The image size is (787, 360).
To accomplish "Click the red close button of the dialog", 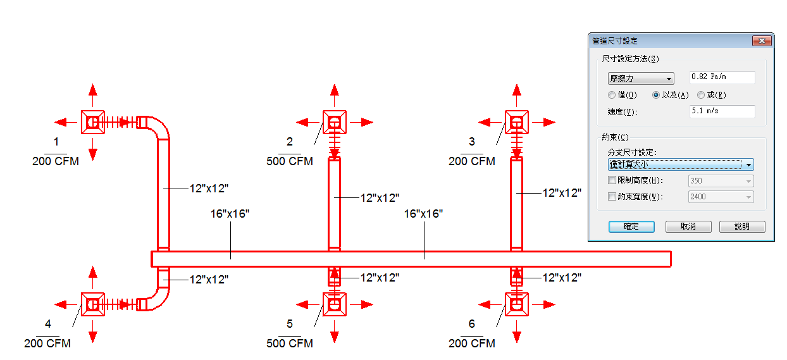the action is (x=762, y=41).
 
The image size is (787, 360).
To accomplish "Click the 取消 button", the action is (x=688, y=227).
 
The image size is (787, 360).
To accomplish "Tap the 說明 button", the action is (x=742, y=227).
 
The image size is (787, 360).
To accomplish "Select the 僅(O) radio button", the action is (x=612, y=95).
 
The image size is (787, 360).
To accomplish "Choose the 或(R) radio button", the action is (x=701, y=95).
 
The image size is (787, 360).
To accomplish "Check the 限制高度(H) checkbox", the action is (x=612, y=180).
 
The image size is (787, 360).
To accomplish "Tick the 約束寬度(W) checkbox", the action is (x=612, y=196).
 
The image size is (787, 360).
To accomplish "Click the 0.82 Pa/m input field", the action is (x=722, y=77).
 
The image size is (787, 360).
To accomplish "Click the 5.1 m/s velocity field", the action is (x=722, y=111).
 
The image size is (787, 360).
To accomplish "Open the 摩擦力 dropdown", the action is (x=641, y=78).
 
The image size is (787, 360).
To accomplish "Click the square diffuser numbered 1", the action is (x=93, y=122).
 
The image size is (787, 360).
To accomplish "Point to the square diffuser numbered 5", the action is (x=335, y=304).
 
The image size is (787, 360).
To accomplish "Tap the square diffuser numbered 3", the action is (x=516, y=122).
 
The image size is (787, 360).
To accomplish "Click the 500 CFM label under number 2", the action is (x=290, y=161).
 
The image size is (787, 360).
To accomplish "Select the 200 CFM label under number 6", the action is (x=471, y=343).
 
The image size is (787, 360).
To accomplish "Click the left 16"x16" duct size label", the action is (x=230, y=214).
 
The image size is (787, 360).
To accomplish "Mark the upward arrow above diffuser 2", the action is (x=335, y=95).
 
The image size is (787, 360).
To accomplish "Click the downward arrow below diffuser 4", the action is (x=93, y=331).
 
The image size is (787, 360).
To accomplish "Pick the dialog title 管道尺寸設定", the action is (x=615, y=41).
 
